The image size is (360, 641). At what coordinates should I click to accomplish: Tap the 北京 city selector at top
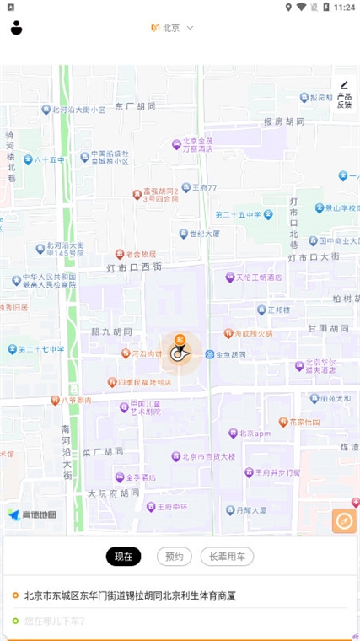click(172, 28)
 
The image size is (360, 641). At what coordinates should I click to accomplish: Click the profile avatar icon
click(16, 28)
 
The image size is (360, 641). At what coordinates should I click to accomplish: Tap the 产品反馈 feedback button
click(344, 94)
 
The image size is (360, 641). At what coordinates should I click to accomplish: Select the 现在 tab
click(124, 557)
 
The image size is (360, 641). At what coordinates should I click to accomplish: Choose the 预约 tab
click(174, 557)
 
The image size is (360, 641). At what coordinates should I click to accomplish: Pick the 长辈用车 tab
click(227, 557)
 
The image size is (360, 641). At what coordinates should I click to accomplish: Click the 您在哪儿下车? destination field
click(54, 622)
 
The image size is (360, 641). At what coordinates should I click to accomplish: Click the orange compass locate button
click(344, 521)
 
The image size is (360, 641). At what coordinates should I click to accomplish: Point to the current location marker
click(179, 352)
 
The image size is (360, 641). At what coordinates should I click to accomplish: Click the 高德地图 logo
click(33, 514)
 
